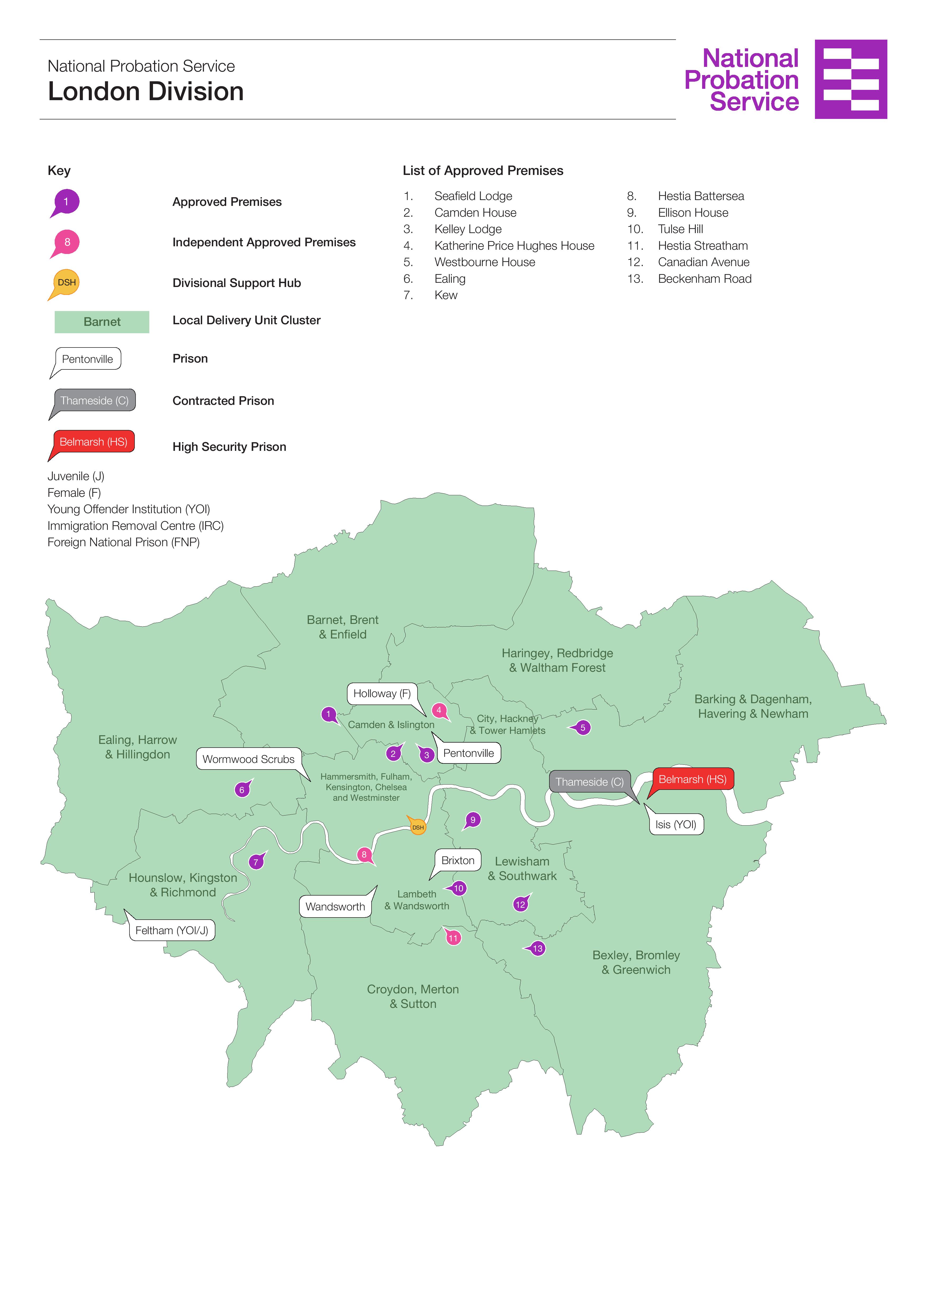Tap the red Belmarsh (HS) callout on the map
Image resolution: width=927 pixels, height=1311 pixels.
click(x=692, y=779)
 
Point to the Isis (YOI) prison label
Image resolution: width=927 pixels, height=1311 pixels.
click(x=676, y=824)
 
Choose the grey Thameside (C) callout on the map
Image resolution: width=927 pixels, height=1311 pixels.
click(x=590, y=782)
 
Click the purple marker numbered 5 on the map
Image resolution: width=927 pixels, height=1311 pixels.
click(x=583, y=728)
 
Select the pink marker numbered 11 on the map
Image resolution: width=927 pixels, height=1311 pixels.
click(x=453, y=938)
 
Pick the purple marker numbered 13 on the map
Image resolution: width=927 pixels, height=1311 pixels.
click(x=538, y=948)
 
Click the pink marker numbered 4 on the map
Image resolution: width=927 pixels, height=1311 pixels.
click(x=439, y=710)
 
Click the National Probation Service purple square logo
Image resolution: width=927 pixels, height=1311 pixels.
click(x=851, y=79)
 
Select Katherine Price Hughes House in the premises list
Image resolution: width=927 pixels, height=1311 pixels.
click(x=514, y=245)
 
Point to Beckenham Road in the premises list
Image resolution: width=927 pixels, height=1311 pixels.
click(x=704, y=279)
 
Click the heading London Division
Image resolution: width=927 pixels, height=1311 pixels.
click(x=146, y=91)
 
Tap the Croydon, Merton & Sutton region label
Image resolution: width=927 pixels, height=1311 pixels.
click(x=413, y=996)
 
